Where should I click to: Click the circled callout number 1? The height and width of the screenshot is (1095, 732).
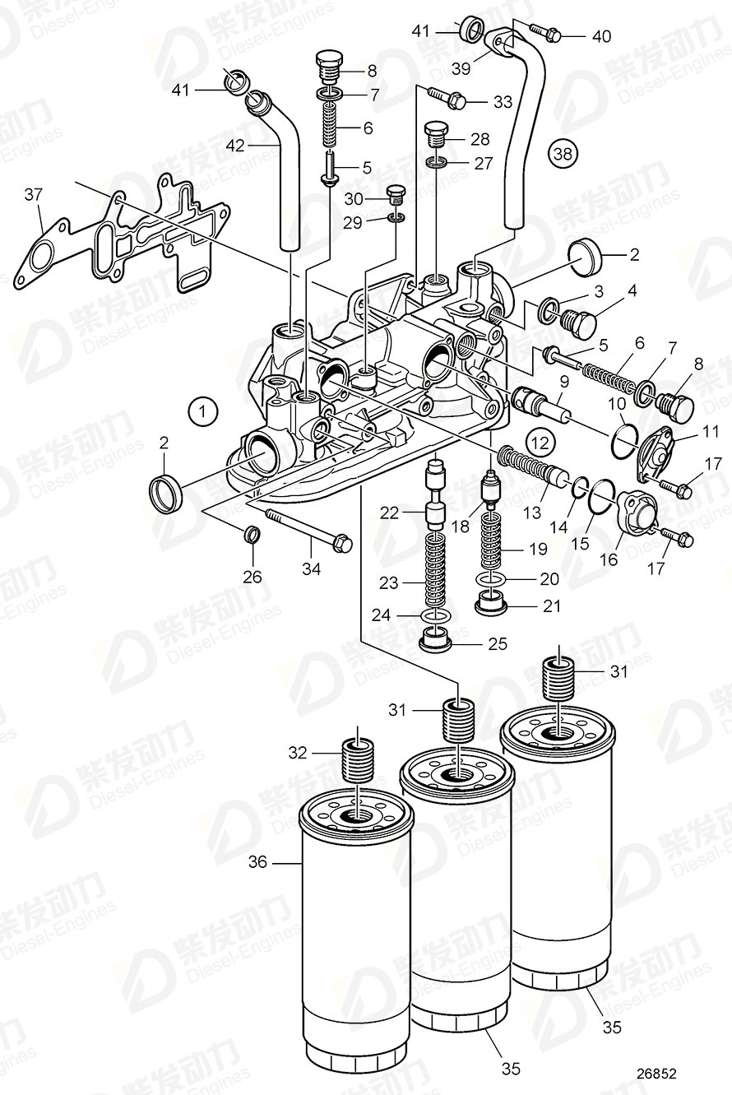click(x=203, y=409)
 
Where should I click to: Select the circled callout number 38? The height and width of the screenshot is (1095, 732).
click(x=564, y=153)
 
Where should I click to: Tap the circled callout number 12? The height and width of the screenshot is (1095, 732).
click(x=538, y=441)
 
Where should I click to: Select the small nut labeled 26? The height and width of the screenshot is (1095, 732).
click(x=253, y=537)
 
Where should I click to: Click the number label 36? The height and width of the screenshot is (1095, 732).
click(x=258, y=862)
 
